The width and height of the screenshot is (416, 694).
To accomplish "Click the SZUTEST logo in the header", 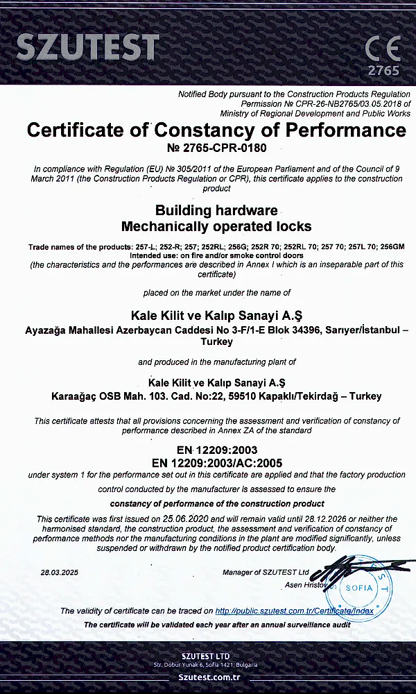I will point(87,46).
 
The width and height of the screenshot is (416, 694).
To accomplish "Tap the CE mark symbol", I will point(383,48).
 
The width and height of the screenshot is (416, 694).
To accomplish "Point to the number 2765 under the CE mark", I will point(383,71).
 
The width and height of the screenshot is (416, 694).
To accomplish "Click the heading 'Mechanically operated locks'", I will point(216,226).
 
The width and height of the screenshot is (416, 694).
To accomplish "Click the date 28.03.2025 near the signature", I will point(60,573).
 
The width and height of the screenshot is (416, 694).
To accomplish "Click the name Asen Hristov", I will point(305,586).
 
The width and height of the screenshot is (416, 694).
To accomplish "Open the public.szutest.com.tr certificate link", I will point(294,611).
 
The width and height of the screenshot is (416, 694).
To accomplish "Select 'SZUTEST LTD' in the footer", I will point(206,656).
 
